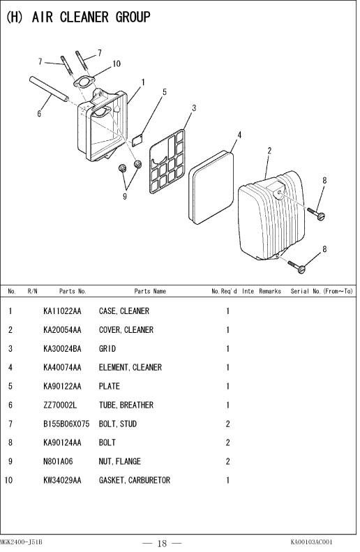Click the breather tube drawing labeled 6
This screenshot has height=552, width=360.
(49, 89)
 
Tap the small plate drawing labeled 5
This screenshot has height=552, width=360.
(137, 140)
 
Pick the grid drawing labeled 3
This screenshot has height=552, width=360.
(167, 162)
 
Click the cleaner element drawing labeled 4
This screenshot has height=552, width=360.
(211, 188)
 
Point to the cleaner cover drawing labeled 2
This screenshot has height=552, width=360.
(271, 216)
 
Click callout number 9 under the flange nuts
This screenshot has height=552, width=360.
(125, 196)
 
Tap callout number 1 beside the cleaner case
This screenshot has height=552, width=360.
(143, 82)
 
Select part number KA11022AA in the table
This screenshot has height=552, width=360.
(62, 311)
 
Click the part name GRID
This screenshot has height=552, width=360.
(107, 349)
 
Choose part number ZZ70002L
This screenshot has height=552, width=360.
(60, 405)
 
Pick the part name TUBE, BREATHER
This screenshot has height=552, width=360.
(126, 405)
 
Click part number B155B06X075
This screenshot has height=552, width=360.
(66, 424)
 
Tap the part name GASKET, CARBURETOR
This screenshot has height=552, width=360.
(135, 480)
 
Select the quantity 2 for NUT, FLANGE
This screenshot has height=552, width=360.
(227, 461)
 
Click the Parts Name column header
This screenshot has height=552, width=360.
(150, 291)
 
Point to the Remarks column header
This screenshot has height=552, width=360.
(270, 291)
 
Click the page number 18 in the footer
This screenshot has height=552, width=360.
(163, 543)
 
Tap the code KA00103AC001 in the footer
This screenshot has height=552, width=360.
(311, 542)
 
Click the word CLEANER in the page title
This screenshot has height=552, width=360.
(84, 17)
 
